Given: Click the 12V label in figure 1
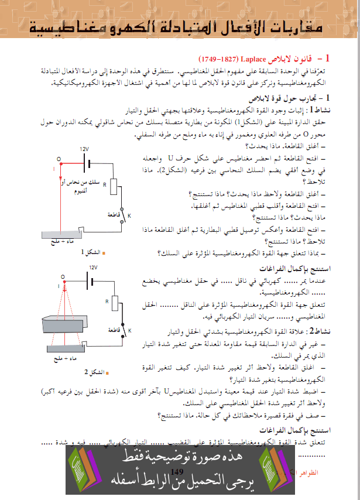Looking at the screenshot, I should (x=84, y=149).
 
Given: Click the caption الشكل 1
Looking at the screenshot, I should (x=91, y=252).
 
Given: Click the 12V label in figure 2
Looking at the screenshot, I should (x=92, y=267).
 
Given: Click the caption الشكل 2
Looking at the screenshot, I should (x=96, y=371).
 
